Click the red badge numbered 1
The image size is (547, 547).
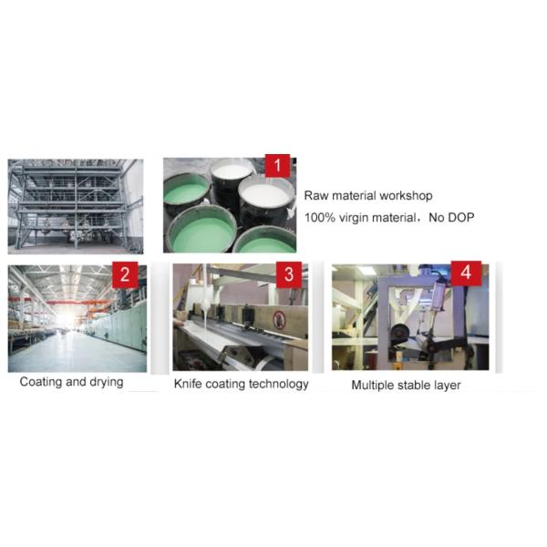tap(277, 167)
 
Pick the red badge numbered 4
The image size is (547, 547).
tap(466, 273)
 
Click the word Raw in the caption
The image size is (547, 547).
tap(317, 195)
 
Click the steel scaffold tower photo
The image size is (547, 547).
tap(76, 205)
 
